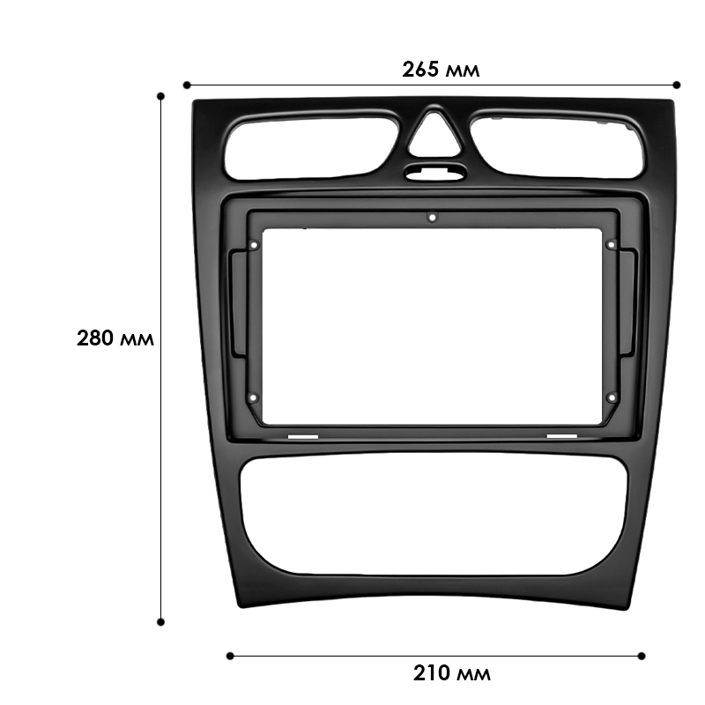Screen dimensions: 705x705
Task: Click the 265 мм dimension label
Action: tap(441, 69)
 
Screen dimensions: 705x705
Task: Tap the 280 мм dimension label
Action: tap(115, 338)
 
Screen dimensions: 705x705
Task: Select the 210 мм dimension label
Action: tap(451, 674)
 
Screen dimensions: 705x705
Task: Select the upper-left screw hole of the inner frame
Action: tap(254, 246)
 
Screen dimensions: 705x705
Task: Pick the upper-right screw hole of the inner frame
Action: tap(610, 245)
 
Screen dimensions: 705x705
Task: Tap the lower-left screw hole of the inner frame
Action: tap(254, 397)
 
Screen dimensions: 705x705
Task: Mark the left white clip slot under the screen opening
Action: tap(302, 436)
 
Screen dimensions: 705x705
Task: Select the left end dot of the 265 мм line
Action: tap(187, 85)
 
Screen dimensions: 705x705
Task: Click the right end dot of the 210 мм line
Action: tap(641, 655)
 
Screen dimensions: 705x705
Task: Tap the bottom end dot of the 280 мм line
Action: tap(160, 621)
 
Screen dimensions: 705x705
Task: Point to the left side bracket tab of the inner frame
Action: tap(235, 304)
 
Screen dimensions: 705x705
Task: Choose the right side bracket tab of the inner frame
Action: tap(628, 303)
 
